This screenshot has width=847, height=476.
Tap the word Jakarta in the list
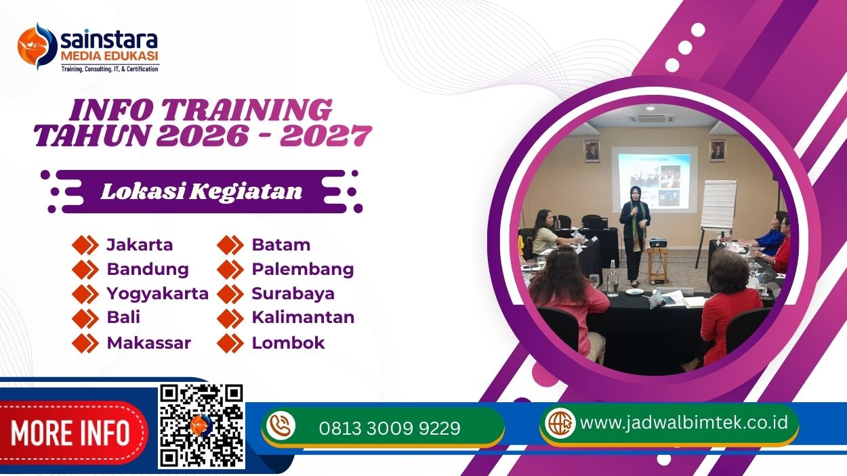coord(140,244)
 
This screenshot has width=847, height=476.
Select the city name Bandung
coord(148,269)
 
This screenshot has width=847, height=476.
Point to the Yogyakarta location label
coord(157,293)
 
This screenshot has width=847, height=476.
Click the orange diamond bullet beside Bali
coord(85,318)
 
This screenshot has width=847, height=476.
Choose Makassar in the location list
coord(148,343)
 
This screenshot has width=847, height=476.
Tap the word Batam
coord(281,244)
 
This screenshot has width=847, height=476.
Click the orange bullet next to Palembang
coord(230,269)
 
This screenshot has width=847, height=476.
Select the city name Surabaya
coord(293,293)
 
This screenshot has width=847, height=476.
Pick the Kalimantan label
coord(303,318)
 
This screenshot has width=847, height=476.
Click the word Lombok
coord(288,343)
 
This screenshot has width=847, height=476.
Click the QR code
coord(201,426)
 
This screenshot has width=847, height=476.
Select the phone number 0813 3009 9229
coord(389,428)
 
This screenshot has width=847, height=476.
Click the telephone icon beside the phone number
coord(281,427)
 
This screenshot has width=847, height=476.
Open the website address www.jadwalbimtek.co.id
coord(684,423)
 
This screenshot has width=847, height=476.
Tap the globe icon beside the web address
coord(560,423)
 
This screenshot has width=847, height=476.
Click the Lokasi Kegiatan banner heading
coord(201,192)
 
